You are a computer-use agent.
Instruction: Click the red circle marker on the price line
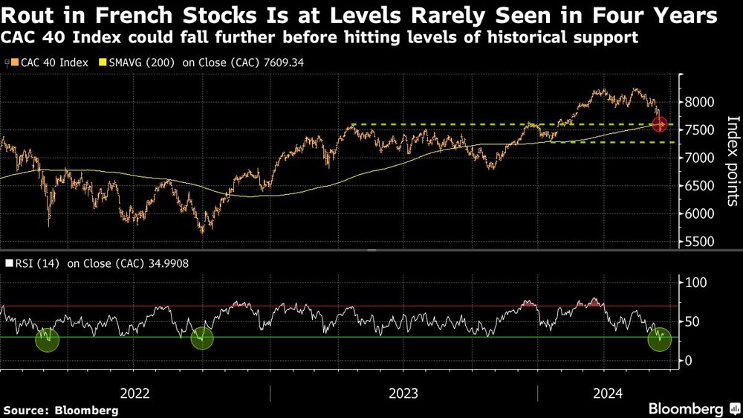point(659,124)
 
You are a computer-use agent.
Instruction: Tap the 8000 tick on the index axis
point(700,102)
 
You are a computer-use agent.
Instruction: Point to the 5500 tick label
point(700,242)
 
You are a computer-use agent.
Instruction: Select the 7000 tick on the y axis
point(700,158)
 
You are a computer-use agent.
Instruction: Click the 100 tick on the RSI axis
point(695,283)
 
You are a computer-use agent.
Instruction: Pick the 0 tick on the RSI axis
point(688,361)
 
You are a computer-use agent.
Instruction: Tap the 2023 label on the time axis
point(403,393)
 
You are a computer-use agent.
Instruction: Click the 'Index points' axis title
point(731,160)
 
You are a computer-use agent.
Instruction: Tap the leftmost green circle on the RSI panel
point(47,339)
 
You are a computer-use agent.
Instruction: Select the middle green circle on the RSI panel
point(202,339)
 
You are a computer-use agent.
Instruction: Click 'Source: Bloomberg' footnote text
point(61,410)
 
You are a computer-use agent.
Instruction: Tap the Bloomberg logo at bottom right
point(685,408)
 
